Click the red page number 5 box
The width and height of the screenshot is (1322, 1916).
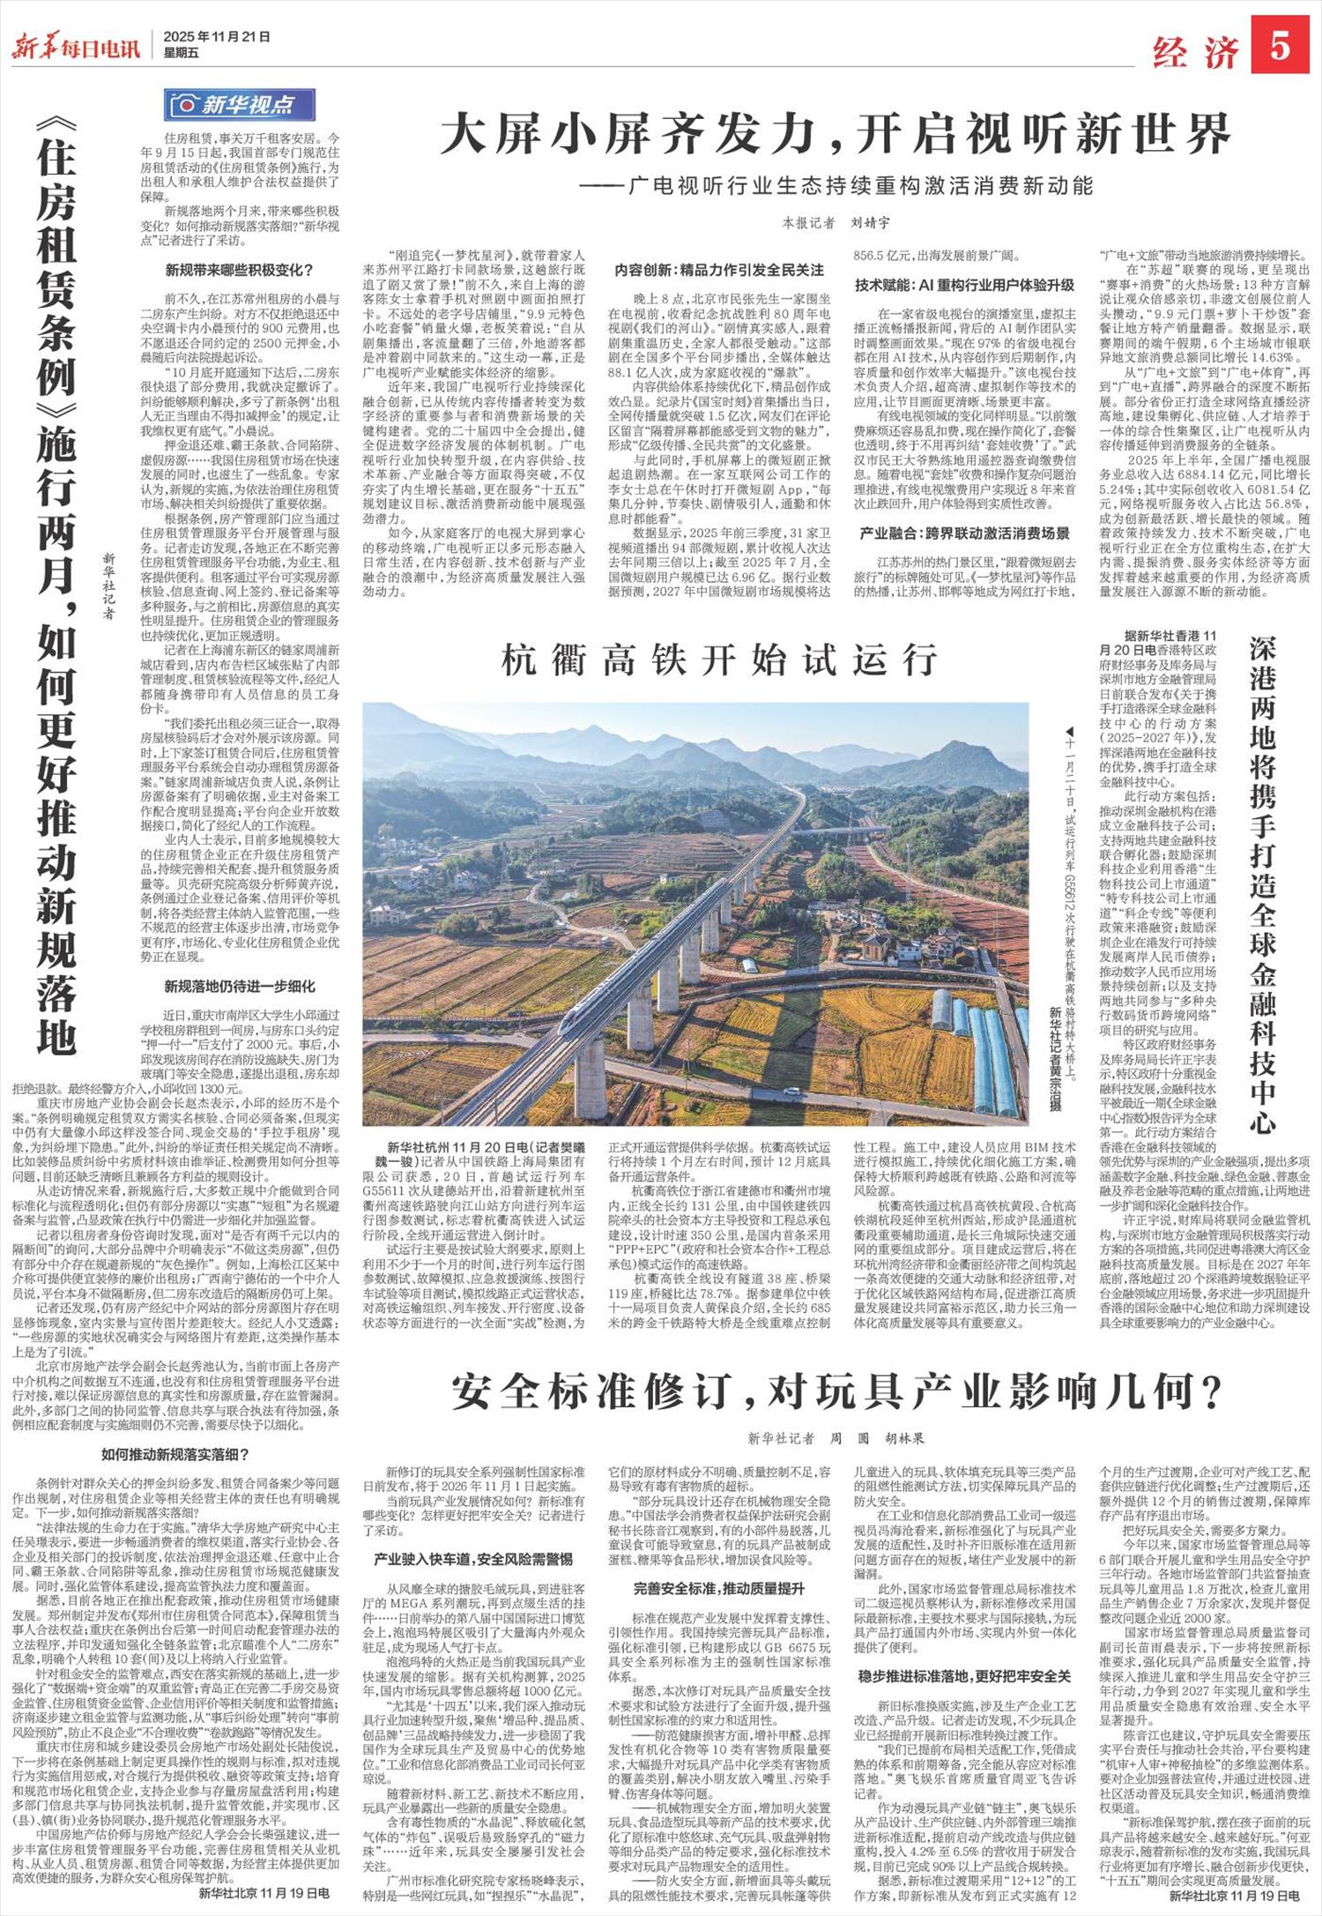[x=1280, y=47]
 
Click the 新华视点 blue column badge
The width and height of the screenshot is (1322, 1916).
[x=240, y=105]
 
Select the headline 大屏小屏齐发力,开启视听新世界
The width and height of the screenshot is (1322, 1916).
[x=835, y=136]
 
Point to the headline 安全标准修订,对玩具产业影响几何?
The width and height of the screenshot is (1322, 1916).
[x=836, y=1393]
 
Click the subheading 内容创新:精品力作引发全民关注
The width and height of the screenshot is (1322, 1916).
[x=719, y=270]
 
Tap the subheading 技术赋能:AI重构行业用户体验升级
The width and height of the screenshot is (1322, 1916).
[x=964, y=285]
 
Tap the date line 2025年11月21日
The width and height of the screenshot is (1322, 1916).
[x=216, y=37]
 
